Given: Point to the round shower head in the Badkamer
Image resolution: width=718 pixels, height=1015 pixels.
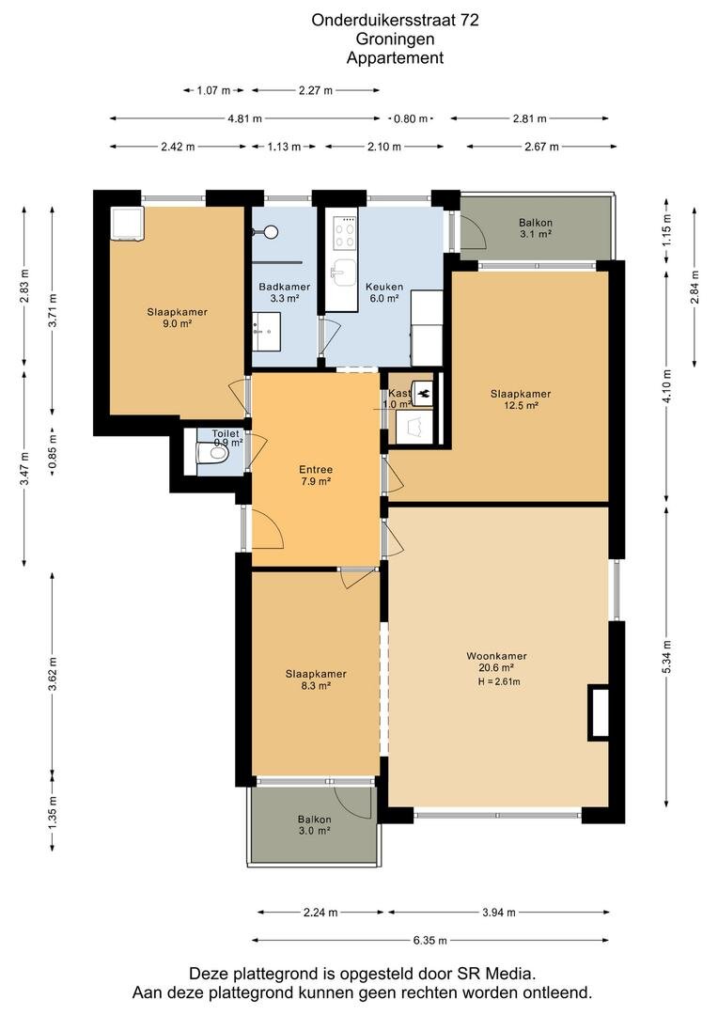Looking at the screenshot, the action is coord(272,231).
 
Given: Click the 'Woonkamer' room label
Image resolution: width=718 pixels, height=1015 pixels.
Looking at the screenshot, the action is coord(496,656).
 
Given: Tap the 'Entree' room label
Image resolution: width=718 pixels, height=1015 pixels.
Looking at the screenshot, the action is coord(315,469).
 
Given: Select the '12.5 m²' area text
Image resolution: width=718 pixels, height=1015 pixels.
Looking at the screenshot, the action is coord(522,406).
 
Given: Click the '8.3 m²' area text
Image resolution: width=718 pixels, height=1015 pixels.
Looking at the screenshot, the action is coord(316,685).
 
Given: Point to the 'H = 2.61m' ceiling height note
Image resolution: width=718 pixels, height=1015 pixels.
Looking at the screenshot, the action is coord(498,681).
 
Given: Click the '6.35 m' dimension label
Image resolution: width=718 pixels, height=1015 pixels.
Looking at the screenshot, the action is coord(429,940).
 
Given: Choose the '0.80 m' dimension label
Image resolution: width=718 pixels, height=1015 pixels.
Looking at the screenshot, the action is coord(411,118).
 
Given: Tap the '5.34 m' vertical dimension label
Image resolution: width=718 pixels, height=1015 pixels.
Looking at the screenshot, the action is coord(666,656).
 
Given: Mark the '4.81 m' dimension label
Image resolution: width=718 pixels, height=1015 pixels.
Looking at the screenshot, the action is coord(244,118).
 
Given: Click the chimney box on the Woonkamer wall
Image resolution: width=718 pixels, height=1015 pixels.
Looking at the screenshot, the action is coord(599,711).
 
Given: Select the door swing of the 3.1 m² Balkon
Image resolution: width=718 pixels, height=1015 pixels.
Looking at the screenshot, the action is coord(473,230).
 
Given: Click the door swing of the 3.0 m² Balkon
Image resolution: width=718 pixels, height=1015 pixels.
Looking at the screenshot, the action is coord(355,804).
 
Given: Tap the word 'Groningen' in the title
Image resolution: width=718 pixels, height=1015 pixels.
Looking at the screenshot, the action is coord(395,39).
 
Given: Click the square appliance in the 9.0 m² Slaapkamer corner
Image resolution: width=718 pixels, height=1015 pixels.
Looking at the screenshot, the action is coord(126,224).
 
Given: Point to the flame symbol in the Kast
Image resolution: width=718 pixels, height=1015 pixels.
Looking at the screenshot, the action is coord(424,392).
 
